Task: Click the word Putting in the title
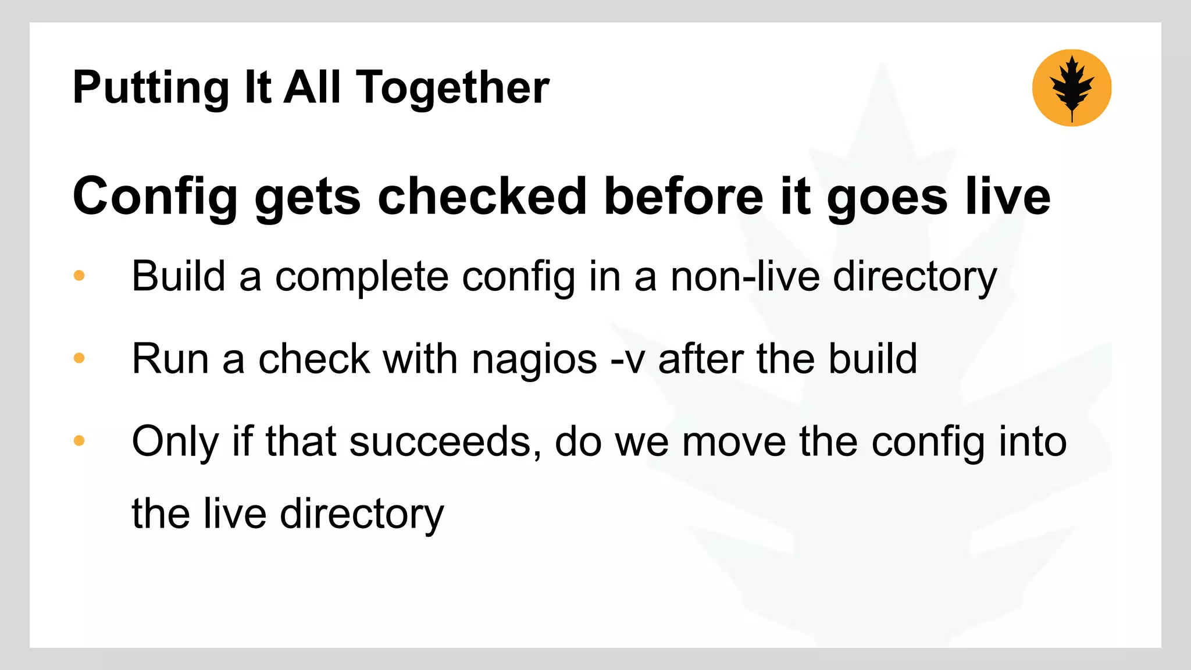151,88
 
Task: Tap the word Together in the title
452,88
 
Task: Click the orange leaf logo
1071,88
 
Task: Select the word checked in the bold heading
482,197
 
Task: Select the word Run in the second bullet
170,359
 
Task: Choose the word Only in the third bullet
175,442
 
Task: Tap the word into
1032,441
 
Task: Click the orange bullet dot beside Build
79,275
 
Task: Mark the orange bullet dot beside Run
79,358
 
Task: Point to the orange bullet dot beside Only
79,440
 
